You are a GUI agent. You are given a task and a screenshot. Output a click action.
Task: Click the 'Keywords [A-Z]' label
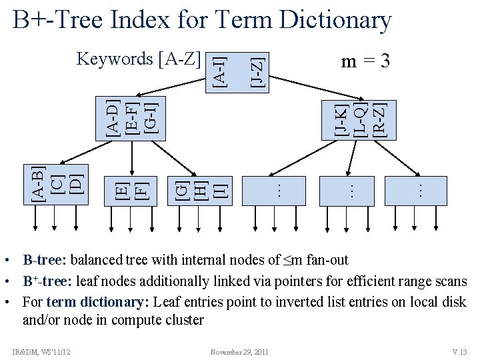(139, 59)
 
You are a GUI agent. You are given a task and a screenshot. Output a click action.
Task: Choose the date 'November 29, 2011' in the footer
(239, 352)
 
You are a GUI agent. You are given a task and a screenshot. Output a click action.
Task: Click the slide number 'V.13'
(460, 352)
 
